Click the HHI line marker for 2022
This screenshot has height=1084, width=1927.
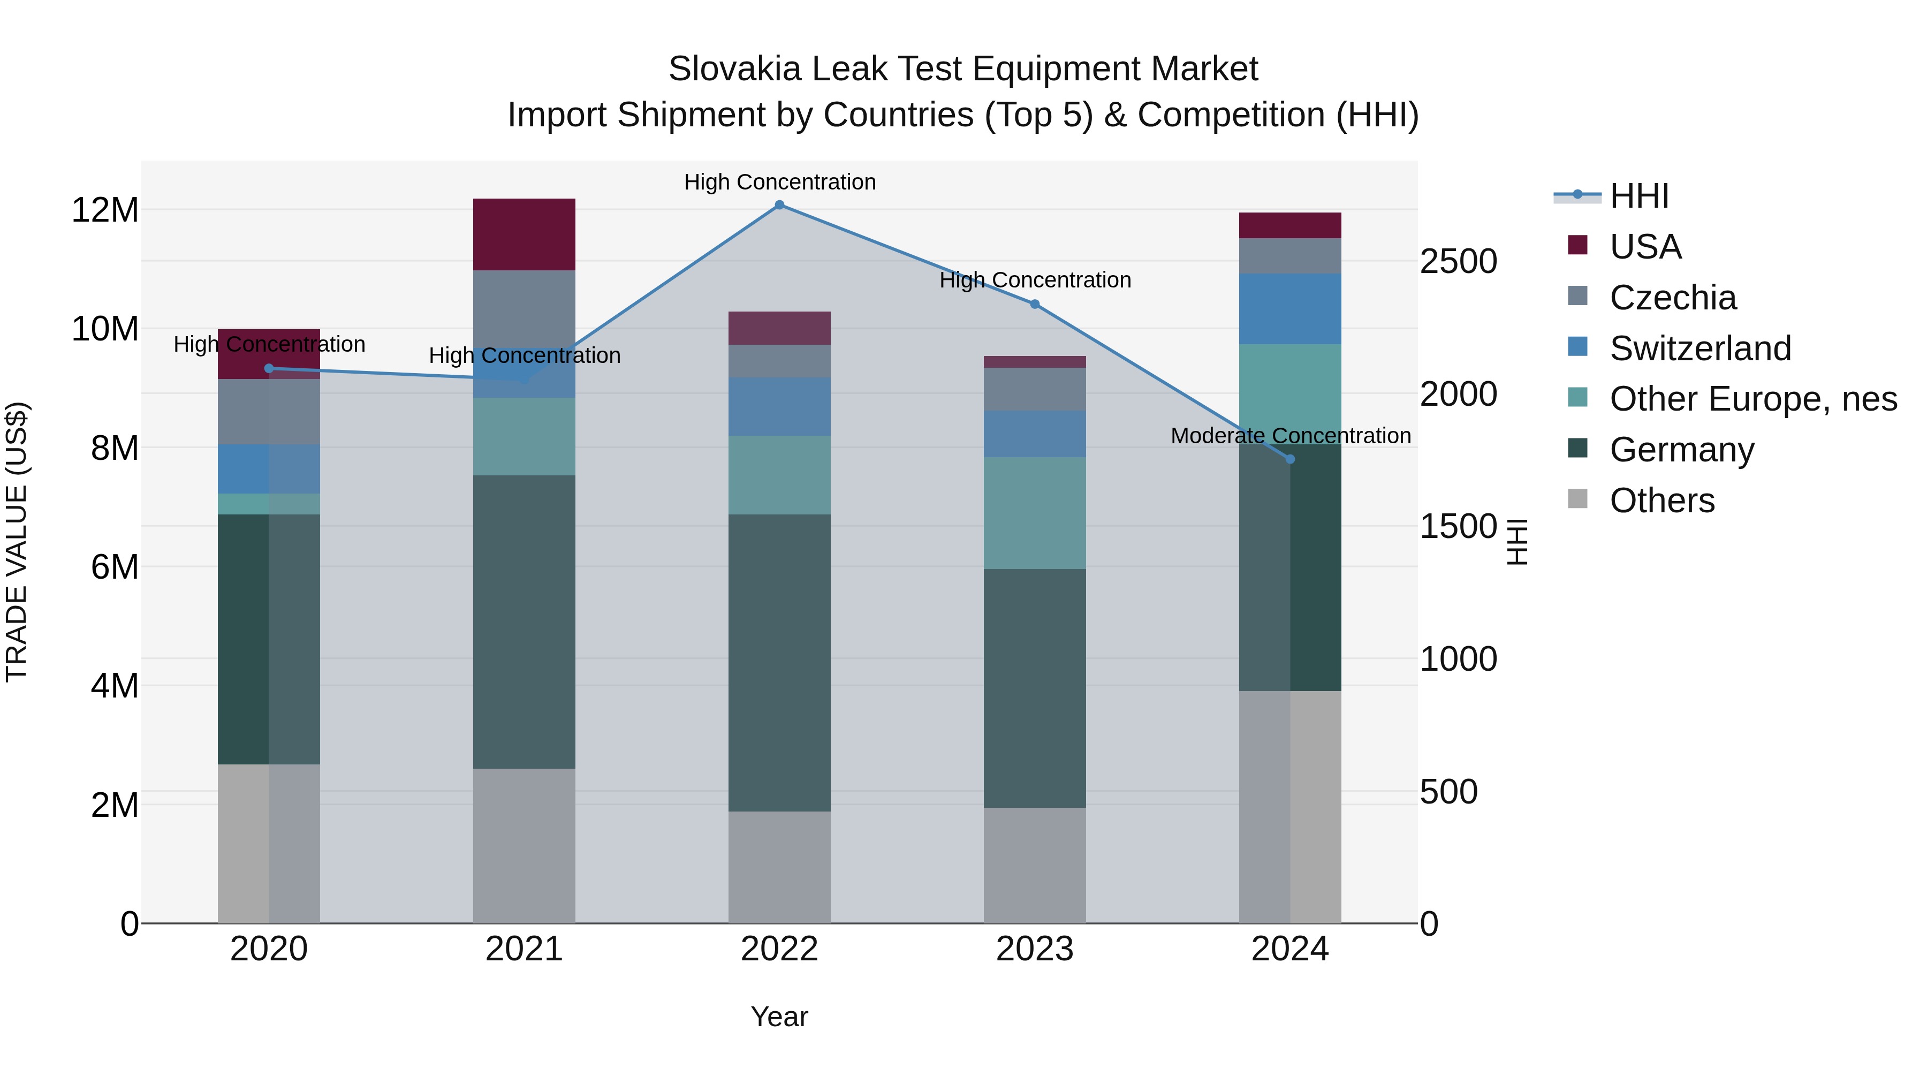click(x=779, y=205)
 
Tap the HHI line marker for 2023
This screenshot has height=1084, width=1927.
click(x=1035, y=305)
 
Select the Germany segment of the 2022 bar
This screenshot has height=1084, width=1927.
click(x=779, y=662)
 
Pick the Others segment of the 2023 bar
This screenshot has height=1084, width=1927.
click(x=1035, y=865)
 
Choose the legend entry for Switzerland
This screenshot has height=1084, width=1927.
click(x=1700, y=348)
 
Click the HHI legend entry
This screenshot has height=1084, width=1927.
click(x=1638, y=196)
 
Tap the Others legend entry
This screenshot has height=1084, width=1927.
click(x=1662, y=501)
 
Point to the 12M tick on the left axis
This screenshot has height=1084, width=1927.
click(x=105, y=210)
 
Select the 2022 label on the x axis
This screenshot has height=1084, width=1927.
click(x=779, y=949)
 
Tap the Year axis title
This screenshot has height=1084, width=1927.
click(x=779, y=1017)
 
